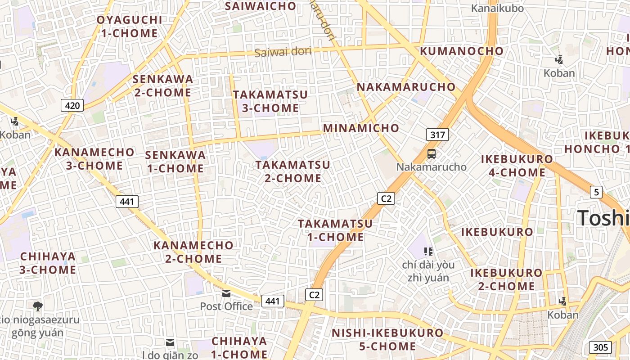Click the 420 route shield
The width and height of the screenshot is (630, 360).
click(72, 106)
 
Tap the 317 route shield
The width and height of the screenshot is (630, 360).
click(437, 135)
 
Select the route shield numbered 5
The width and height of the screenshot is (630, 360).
click(596, 192)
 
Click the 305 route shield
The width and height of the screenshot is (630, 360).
click(600, 347)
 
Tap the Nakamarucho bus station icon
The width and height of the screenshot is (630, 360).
click(431, 154)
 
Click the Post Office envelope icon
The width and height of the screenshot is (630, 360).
click(226, 293)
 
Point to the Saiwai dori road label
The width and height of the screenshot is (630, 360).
click(283, 52)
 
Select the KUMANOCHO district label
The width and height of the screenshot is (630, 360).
click(462, 51)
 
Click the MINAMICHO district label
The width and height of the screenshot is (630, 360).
click(361, 128)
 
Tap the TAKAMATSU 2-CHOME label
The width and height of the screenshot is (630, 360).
click(293, 171)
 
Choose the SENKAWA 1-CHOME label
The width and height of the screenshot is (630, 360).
click(175, 162)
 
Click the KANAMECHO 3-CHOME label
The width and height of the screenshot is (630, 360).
click(94, 159)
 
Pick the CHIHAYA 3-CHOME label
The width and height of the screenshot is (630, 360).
click(48, 263)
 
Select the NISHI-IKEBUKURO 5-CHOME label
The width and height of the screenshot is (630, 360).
click(387, 340)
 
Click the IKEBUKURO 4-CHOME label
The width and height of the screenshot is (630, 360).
click(517, 166)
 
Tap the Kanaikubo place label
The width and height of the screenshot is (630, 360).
click(497, 8)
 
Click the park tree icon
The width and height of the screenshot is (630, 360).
click(38, 306)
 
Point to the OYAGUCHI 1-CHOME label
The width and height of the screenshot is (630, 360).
click(129, 27)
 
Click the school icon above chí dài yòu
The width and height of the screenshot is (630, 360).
click(428, 251)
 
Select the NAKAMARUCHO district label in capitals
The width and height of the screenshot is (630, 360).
click(406, 87)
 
